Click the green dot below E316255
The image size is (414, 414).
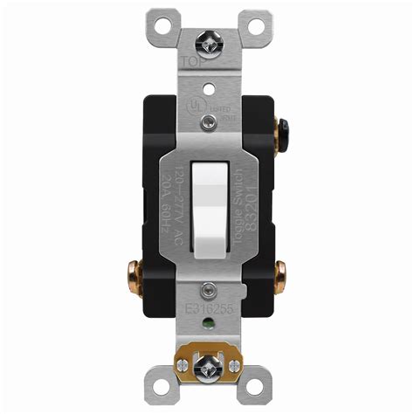click(208, 328)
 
